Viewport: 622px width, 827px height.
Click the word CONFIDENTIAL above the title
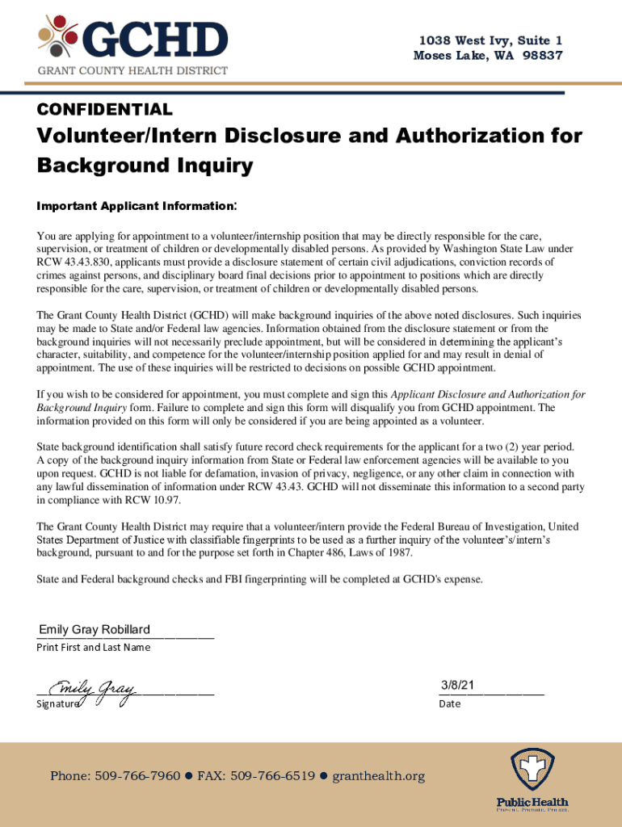point(104,109)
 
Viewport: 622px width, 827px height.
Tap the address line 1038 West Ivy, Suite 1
point(488,40)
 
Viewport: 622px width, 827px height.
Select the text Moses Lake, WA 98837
point(488,56)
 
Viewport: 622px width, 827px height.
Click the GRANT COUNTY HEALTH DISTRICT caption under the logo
point(132,70)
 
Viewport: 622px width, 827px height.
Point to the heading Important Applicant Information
point(135,206)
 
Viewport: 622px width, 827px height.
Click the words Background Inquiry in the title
point(145,166)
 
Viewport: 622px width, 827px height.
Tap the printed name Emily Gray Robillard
point(95,630)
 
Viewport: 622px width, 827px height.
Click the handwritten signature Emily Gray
point(92,689)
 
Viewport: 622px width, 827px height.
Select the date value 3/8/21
point(456,686)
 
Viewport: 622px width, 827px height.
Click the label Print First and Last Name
point(93,648)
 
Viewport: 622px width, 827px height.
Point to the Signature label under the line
point(58,704)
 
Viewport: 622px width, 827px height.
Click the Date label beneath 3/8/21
point(449,704)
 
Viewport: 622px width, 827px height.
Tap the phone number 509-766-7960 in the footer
point(137,776)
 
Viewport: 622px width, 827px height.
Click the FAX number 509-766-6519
point(273,776)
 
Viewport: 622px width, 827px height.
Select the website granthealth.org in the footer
point(378,776)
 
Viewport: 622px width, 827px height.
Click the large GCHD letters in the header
point(156,39)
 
